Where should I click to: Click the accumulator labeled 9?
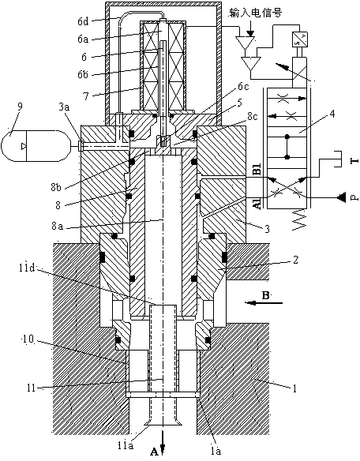tap(36, 146)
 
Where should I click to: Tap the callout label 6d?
tap(83, 21)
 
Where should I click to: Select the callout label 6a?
tap(83, 39)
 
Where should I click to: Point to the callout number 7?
tap(86, 96)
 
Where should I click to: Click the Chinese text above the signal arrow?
tap(255, 13)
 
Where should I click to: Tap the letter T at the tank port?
tap(355, 160)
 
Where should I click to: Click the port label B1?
tap(258, 171)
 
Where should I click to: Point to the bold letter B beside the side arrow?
tap(265, 295)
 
